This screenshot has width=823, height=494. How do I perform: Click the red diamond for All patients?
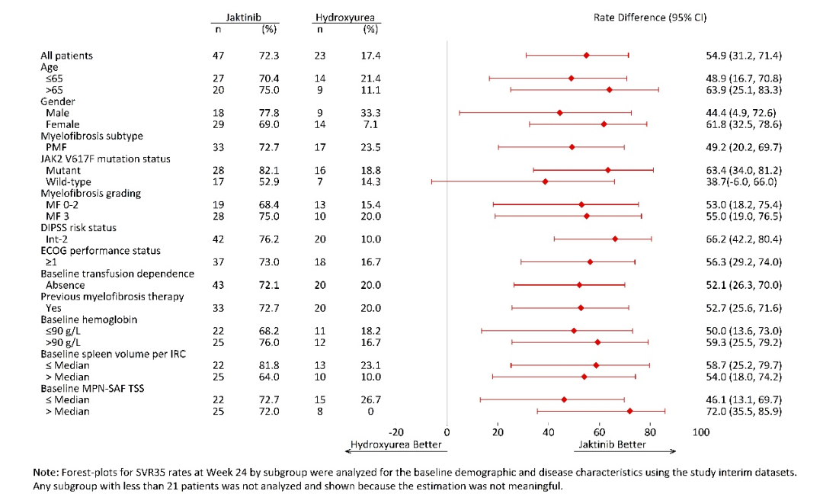tap(586, 56)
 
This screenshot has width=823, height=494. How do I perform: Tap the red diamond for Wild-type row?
tap(545, 181)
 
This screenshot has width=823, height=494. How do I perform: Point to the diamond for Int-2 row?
tap(615, 239)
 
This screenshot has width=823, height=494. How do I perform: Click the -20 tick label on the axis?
tap(396, 433)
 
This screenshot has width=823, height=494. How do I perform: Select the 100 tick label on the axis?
tap(700, 433)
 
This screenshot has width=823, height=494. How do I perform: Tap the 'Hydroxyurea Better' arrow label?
tap(395, 444)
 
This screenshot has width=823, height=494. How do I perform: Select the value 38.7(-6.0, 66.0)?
tap(744, 181)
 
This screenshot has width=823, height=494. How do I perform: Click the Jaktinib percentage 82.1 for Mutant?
tap(268, 170)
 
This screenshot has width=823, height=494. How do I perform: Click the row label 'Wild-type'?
tap(69, 181)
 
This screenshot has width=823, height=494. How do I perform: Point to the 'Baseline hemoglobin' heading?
tap(88, 319)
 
